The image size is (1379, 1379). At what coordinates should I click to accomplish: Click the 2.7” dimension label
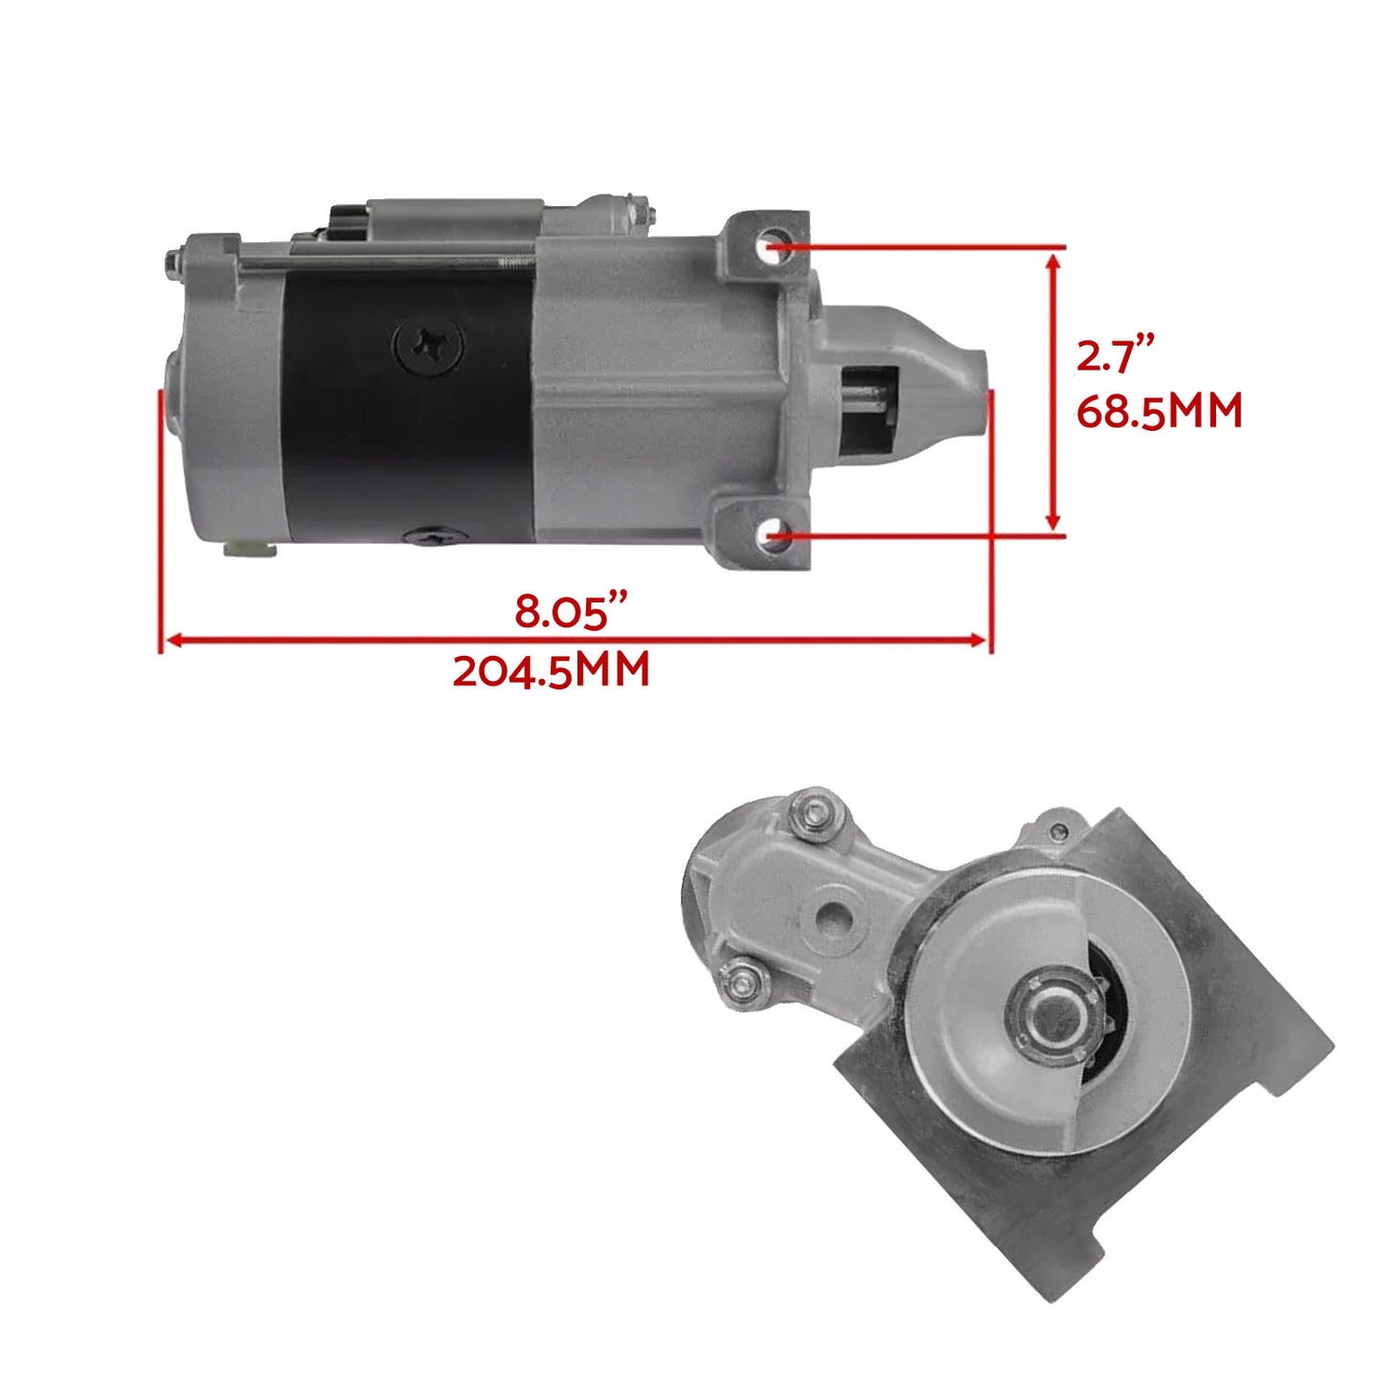pyautogui.click(x=1117, y=356)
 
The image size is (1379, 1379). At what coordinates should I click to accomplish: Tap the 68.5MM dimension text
pyautogui.click(x=1159, y=412)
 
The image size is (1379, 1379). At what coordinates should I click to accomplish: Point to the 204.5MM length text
pyautogui.click(x=551, y=670)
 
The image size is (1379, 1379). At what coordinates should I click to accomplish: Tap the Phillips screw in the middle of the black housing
pyautogui.click(x=427, y=346)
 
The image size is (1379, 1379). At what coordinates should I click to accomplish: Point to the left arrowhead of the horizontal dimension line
pyautogui.click(x=172, y=640)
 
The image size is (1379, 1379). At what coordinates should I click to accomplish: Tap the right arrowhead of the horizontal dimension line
pyautogui.click(x=979, y=640)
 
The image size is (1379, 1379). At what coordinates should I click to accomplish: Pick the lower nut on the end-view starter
pyautogui.click(x=745, y=981)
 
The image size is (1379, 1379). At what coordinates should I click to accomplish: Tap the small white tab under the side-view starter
pyautogui.click(x=249, y=549)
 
